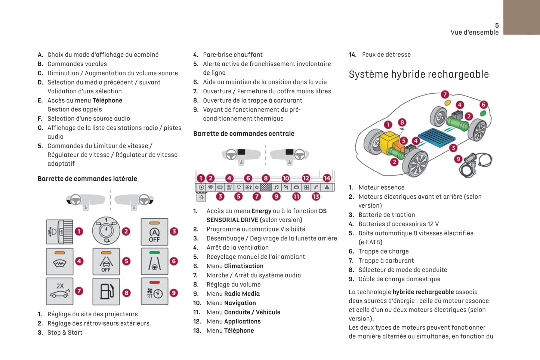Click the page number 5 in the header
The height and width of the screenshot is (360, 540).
(497, 25)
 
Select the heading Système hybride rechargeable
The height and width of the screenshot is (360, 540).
(419, 74)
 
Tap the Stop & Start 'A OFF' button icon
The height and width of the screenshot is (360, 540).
(154, 232)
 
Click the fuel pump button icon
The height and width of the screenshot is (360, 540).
(106, 291)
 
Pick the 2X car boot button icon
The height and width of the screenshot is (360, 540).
(60, 291)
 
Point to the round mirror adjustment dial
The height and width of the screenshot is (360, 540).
(106, 231)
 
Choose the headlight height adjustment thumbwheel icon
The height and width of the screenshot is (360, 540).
(60, 232)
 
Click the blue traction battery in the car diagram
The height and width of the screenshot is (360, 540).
(436, 137)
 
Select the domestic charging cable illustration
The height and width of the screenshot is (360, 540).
(476, 164)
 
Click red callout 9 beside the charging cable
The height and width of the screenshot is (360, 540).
(458, 159)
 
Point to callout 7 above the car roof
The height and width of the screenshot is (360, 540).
(445, 94)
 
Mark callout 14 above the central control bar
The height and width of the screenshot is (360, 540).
(327, 178)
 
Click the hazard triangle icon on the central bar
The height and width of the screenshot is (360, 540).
(327, 187)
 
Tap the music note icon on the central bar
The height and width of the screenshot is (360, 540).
(276, 187)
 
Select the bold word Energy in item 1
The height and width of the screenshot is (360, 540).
(261, 211)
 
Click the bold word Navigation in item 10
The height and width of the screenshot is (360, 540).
(240, 303)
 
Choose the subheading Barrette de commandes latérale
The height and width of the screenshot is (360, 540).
(87, 179)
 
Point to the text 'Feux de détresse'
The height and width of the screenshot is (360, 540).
(386, 55)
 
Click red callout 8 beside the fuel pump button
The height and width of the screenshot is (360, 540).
(126, 293)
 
